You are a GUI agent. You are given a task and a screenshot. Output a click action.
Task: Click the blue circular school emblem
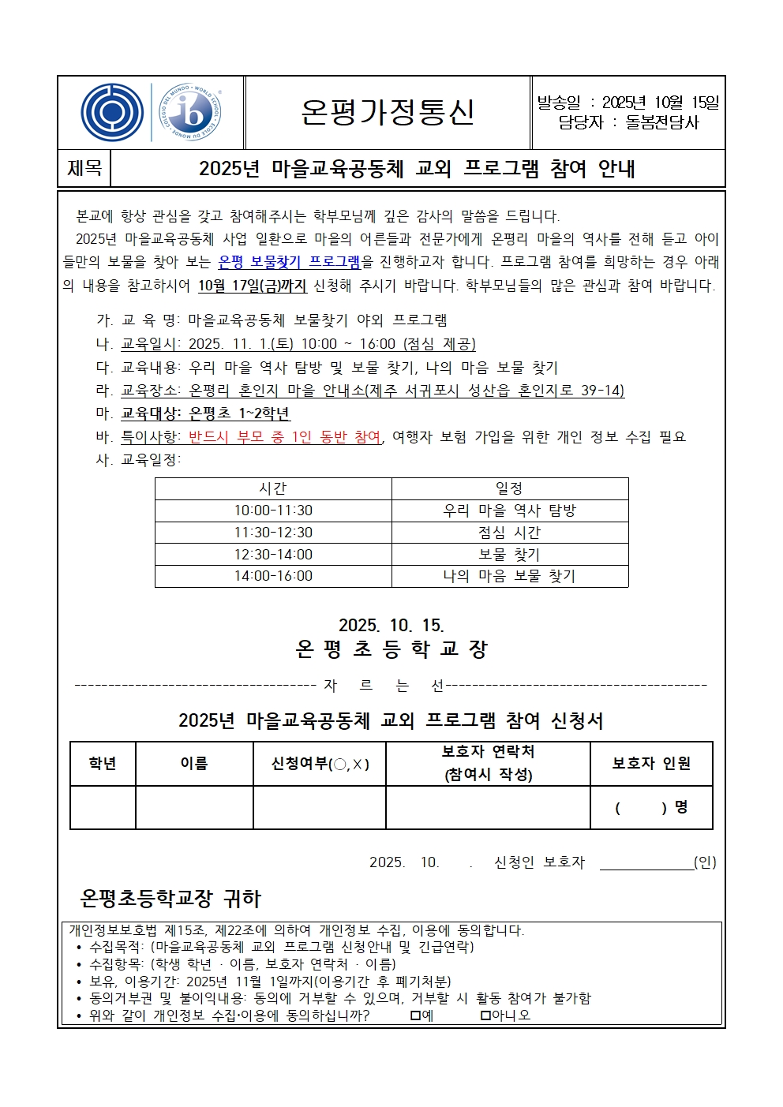[x=112, y=113]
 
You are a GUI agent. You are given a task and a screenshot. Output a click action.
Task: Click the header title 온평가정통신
[x=388, y=112]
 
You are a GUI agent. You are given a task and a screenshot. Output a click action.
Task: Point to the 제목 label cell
[x=85, y=168]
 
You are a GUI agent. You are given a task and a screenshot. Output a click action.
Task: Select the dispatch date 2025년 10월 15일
[x=661, y=103]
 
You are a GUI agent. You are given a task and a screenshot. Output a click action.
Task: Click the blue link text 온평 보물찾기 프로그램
[x=289, y=262]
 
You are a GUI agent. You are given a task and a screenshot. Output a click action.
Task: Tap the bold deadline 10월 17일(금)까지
[x=252, y=286]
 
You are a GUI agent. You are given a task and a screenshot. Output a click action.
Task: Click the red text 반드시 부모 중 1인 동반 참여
[x=285, y=436]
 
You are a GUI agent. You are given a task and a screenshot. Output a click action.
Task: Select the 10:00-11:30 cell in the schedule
[x=273, y=510]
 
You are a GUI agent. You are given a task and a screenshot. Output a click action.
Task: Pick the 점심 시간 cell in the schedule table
[x=509, y=533]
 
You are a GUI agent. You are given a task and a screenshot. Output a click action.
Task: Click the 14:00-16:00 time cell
[x=273, y=576]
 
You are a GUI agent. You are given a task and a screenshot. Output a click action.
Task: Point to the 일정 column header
[x=509, y=488]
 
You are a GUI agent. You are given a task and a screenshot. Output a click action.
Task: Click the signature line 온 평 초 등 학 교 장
[x=391, y=649]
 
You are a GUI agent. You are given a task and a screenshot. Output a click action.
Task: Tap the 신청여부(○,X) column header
[x=320, y=764]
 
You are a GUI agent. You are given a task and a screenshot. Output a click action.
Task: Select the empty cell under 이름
[x=194, y=807]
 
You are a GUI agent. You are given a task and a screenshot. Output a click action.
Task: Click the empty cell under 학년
[x=103, y=807]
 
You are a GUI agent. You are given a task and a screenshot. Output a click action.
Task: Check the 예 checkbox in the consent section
[x=415, y=1015]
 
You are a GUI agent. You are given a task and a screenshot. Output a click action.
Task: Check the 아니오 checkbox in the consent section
[x=486, y=1015]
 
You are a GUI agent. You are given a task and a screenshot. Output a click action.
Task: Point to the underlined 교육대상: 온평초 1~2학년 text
[x=205, y=413]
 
